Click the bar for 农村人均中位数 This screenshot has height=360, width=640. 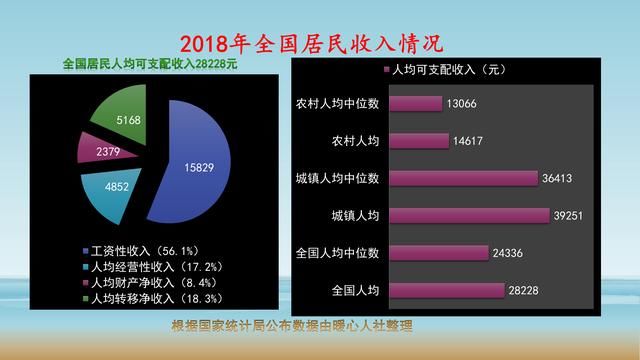415,103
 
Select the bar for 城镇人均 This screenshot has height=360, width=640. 467,216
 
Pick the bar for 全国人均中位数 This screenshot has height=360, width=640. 437,253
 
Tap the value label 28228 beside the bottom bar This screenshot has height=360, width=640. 525,291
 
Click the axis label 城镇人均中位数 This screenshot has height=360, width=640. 339,178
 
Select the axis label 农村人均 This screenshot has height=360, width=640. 355,141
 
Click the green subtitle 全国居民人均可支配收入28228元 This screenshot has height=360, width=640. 150,63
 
